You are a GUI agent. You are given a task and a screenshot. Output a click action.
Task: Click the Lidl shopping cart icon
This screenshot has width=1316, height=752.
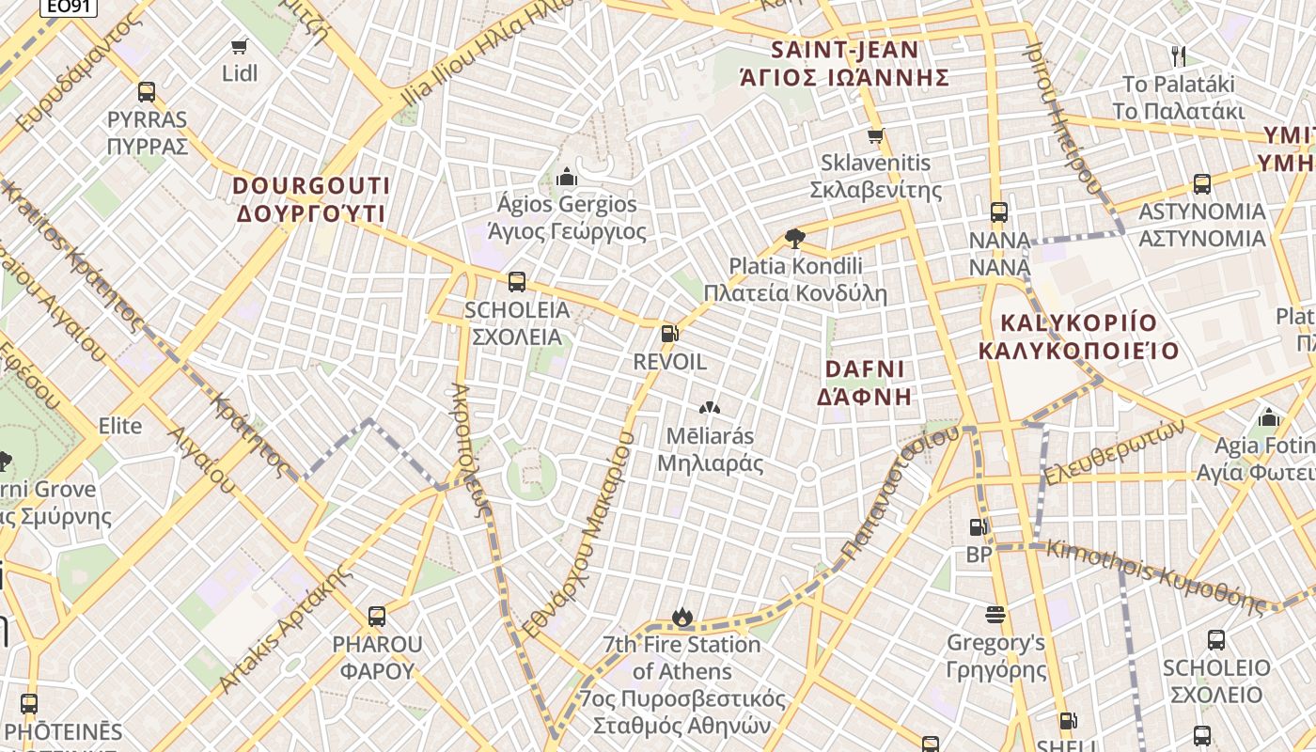click(240, 46)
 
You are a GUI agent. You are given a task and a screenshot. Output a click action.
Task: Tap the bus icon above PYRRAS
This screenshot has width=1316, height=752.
click(147, 92)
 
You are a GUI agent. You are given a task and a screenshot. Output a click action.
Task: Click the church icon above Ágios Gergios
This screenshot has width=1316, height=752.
click(566, 176)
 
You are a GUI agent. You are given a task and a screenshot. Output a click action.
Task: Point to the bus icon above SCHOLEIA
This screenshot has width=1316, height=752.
click(516, 282)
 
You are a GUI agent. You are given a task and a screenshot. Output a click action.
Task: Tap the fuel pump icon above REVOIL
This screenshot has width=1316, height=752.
click(669, 334)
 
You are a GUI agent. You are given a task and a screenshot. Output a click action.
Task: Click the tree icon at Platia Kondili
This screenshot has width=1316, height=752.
click(794, 238)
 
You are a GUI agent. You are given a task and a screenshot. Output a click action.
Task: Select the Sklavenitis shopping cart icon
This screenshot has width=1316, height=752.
click(875, 135)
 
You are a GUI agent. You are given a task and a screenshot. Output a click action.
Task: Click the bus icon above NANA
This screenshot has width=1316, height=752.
click(999, 212)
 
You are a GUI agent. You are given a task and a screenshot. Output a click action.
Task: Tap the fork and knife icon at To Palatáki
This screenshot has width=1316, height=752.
click(1179, 56)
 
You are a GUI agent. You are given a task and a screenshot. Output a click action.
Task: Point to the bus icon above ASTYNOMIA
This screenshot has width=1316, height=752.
click(1201, 184)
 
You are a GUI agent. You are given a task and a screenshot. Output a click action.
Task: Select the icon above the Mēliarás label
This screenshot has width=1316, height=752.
click(710, 408)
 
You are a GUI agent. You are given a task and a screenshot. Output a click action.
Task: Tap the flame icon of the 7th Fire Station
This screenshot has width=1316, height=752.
click(681, 617)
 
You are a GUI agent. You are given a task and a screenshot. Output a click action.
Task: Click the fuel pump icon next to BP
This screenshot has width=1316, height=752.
click(979, 527)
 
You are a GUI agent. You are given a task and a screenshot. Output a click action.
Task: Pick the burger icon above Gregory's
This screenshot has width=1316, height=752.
click(995, 615)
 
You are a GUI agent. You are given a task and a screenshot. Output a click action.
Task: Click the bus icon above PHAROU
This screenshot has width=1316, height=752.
click(377, 617)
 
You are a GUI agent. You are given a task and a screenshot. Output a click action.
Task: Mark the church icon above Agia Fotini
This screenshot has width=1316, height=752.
click(1269, 416)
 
